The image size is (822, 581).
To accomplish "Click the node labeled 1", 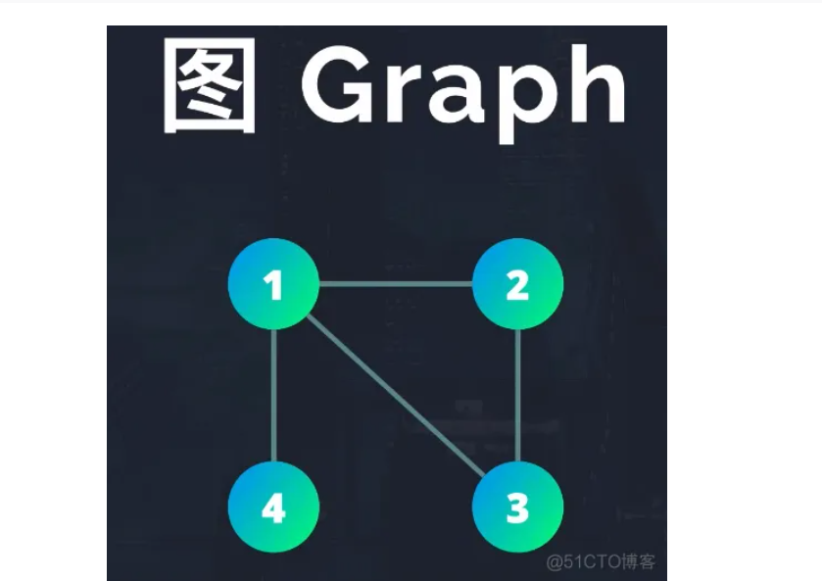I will coord(273,284).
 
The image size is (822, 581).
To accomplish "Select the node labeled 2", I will coord(517,284).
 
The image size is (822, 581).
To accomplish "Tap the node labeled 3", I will coord(517,508).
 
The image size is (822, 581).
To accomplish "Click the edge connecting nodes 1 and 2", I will coord(396,285).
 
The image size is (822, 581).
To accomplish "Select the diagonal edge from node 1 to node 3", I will coord(396,397).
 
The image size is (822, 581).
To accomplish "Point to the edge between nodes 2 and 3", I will coord(517,396).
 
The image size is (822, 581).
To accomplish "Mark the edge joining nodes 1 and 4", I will coord(273,396).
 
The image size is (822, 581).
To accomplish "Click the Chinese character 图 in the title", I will coord(210,86).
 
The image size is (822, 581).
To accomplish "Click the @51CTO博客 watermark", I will coord(601,561).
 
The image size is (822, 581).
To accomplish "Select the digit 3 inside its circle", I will coord(517,508).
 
